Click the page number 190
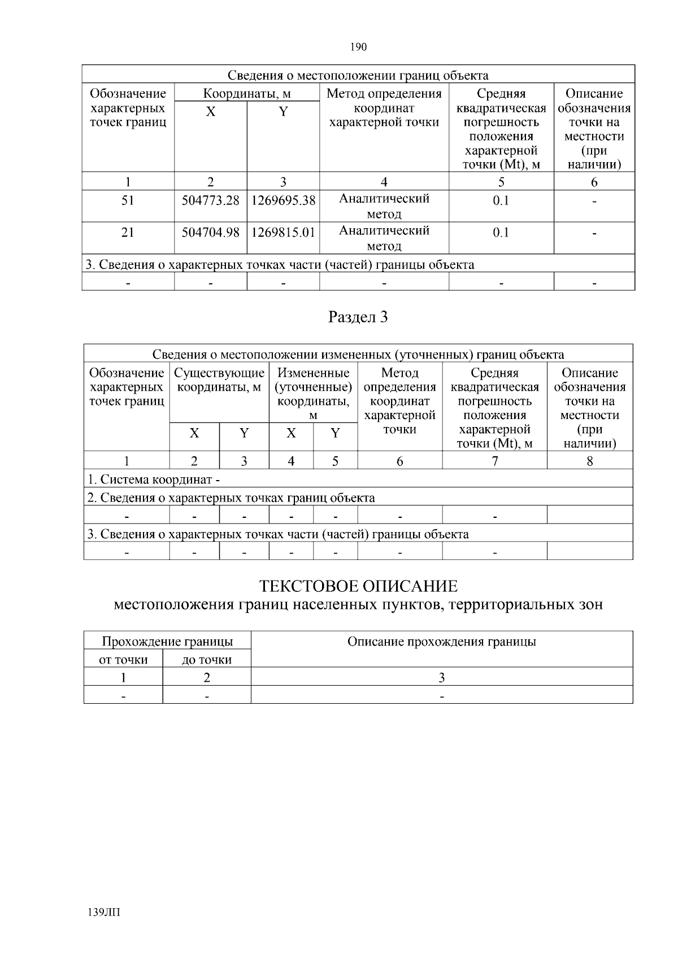[x=358, y=47]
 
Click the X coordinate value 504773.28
[x=210, y=200]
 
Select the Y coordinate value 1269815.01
[x=283, y=232]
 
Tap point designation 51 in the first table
[x=128, y=200]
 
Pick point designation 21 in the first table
[x=128, y=232]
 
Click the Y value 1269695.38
[x=283, y=200]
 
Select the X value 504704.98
[x=210, y=232]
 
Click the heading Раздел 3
[x=358, y=317]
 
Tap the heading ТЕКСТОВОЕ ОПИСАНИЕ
[x=358, y=586]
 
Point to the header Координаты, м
[x=247, y=94]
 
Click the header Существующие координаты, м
[x=219, y=380]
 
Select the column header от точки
[x=123, y=660]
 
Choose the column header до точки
[x=207, y=660]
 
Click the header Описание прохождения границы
[x=441, y=642]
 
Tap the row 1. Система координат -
[x=154, y=479]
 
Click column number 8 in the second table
[x=589, y=461]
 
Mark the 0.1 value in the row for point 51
[x=501, y=200]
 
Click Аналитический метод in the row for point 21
[x=384, y=238]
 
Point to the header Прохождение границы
[x=167, y=642]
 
